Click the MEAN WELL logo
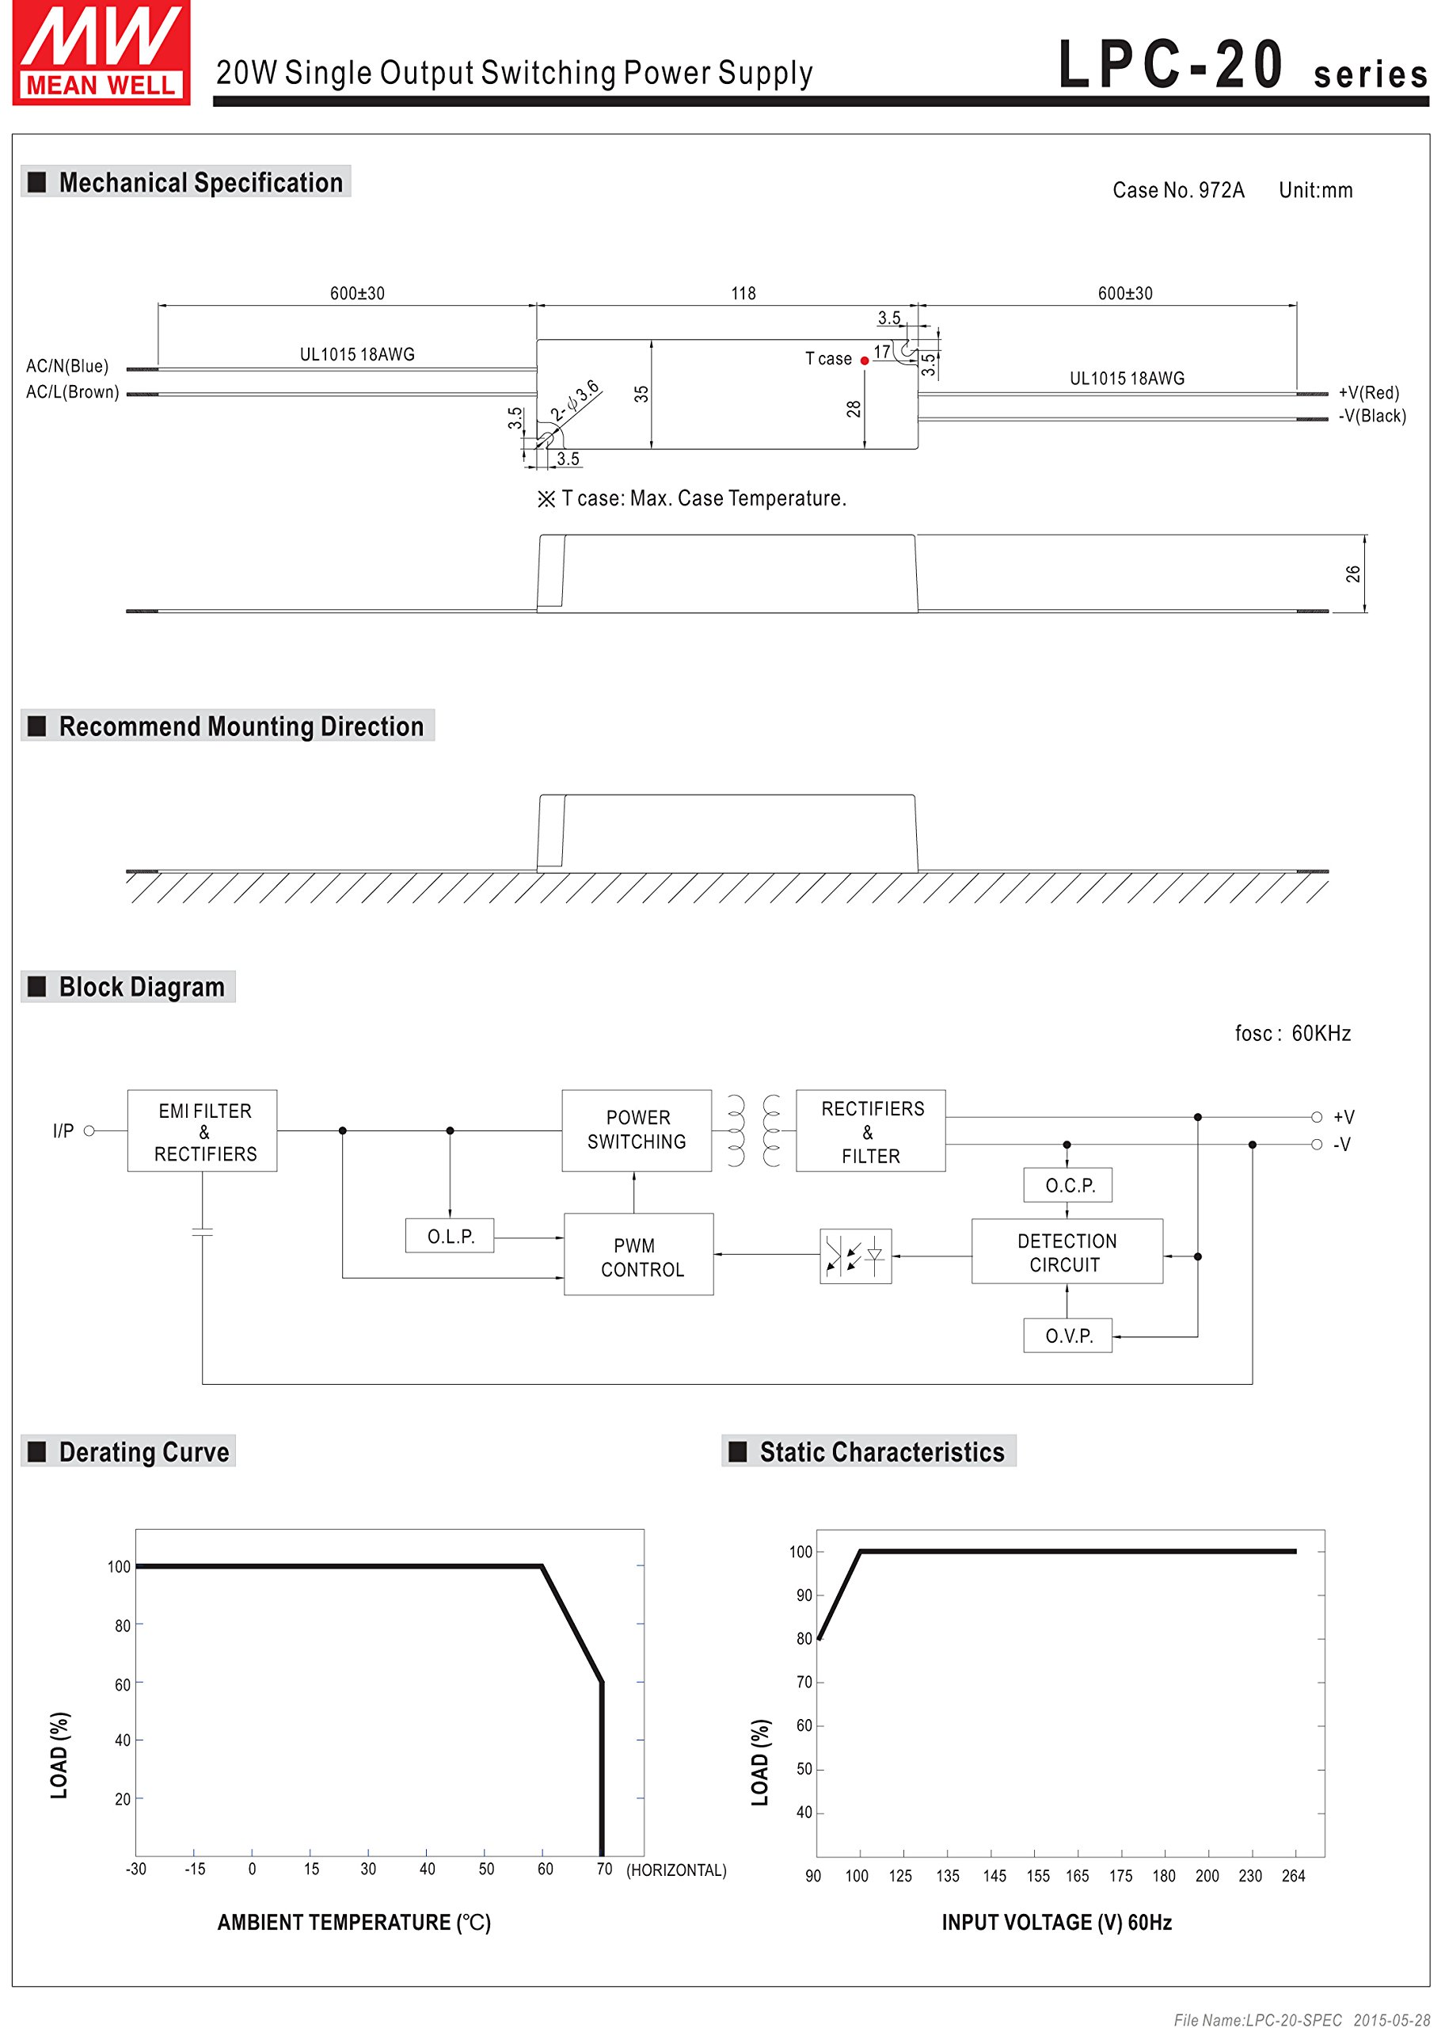[101, 52]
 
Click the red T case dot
[864, 360]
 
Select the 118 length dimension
[743, 294]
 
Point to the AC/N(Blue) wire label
[67, 366]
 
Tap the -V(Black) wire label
[1371, 416]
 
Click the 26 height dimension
[1352, 574]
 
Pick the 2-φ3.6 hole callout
[575, 401]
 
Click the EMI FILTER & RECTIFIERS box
[203, 1130]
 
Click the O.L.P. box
[451, 1237]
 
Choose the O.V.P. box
[1068, 1336]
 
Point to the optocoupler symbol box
[855, 1256]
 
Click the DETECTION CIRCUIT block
[1066, 1252]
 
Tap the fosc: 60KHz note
[1292, 1034]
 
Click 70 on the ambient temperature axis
[604, 1869]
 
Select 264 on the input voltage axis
[1293, 1876]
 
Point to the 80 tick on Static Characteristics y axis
[804, 1638]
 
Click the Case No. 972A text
[1177, 190]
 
